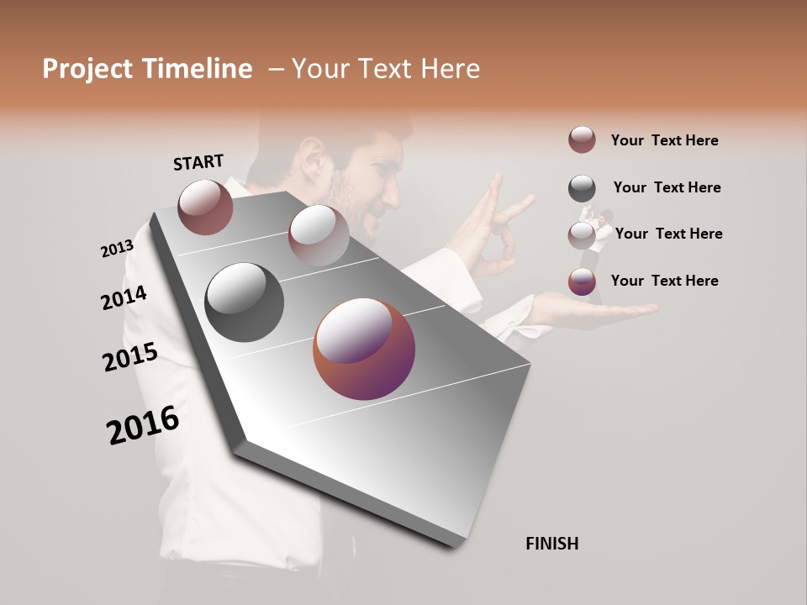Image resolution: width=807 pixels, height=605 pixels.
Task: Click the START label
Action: coord(198,161)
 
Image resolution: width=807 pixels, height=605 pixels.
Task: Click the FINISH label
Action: coord(551,544)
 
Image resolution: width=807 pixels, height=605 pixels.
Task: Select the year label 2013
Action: coord(117,249)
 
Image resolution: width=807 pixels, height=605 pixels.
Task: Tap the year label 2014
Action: coord(124,298)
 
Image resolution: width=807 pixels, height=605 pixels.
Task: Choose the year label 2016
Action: coord(143,425)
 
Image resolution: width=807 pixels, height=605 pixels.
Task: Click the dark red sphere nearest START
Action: coord(205,207)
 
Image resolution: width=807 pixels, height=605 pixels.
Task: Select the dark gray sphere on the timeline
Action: coord(245,302)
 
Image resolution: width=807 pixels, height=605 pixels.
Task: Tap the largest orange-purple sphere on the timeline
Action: coord(364,349)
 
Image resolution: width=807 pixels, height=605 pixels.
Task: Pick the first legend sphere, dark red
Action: coord(582,139)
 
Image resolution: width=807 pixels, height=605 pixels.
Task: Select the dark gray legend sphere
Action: coord(582,188)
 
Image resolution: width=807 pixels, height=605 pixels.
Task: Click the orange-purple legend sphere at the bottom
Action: coord(582,282)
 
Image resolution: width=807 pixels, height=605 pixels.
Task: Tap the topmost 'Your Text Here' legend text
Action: coord(664,140)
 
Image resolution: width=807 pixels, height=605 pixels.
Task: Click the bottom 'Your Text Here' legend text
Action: coord(664,281)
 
